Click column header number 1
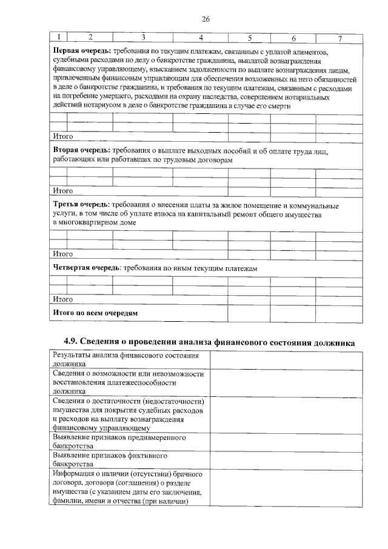pos(58,38)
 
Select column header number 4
pos(201,38)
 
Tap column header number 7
pos(340,38)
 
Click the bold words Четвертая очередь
pos(85,268)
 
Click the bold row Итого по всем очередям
pos(96,313)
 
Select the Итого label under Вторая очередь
pos(63,190)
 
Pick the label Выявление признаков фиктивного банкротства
pos(109,459)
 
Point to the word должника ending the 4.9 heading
pos(330,341)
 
